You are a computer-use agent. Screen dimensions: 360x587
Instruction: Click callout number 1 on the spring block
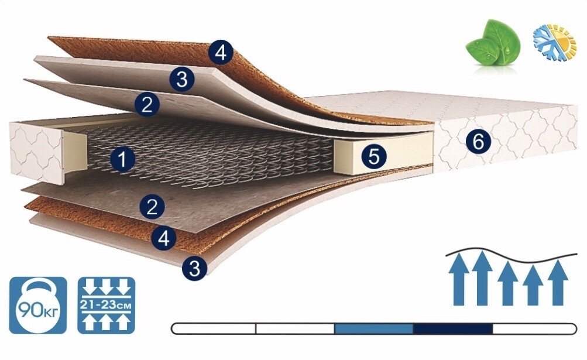[x=122, y=159]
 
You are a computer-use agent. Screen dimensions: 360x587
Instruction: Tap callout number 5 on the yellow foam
[x=374, y=156]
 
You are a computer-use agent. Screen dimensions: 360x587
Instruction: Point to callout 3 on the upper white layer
[x=181, y=79]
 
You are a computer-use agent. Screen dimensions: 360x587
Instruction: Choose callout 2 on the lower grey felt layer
[x=152, y=206]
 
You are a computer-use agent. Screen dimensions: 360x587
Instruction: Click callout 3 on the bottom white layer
[x=194, y=269]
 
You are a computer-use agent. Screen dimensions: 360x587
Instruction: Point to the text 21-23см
[x=107, y=305]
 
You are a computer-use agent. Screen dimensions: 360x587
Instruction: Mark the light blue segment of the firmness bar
[x=373, y=328]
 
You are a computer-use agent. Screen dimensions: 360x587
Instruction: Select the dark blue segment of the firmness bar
[x=452, y=328]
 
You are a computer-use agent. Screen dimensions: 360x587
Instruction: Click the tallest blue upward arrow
[x=481, y=278]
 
